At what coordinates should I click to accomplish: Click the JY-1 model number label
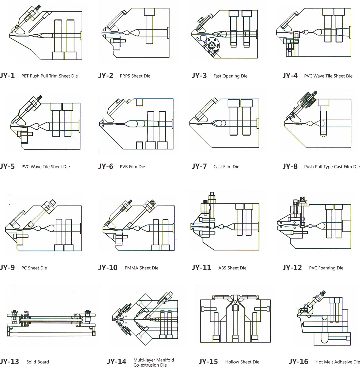[7, 76]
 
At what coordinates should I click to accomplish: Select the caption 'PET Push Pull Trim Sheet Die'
[49, 76]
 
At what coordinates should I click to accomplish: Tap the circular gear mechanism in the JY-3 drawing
[211, 46]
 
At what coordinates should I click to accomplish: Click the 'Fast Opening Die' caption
[230, 76]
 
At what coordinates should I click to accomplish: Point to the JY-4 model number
[290, 76]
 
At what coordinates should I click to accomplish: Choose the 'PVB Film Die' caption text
[132, 167]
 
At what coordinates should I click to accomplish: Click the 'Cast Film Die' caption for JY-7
[226, 167]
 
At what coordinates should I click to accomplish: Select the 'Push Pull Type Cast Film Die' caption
[331, 167]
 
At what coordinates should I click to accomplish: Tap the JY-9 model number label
[7, 267]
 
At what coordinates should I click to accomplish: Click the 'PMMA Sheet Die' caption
[141, 268]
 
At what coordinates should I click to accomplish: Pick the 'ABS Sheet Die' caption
[232, 268]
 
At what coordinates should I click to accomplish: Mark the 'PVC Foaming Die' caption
[326, 268]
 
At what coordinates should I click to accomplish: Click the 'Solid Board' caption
[37, 362]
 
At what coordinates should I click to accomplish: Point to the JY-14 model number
[116, 362]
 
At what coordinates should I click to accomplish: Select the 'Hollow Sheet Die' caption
[242, 362]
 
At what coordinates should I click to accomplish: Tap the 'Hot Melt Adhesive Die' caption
[337, 362]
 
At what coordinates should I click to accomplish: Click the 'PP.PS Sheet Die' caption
[135, 76]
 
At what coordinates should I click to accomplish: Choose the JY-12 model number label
[292, 267]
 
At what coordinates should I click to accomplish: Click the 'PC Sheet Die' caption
[34, 268]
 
